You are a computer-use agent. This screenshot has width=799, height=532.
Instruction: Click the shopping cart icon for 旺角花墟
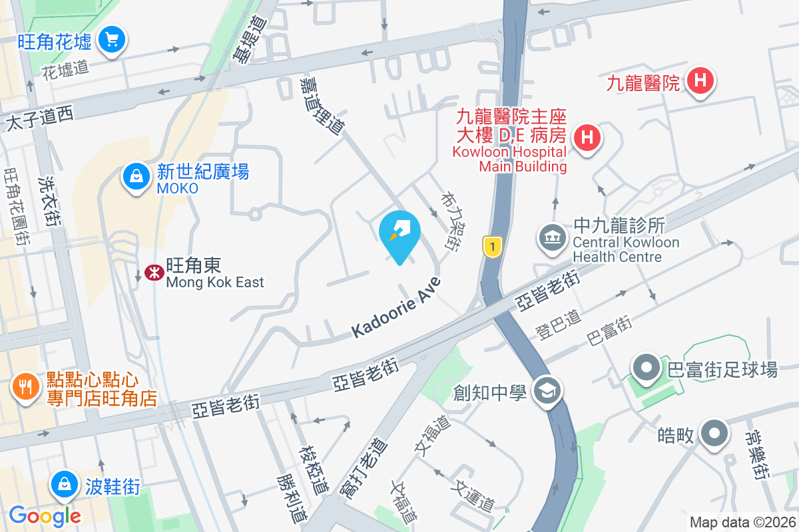(x=111, y=41)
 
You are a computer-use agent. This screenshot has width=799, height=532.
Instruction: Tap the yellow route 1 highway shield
(x=491, y=247)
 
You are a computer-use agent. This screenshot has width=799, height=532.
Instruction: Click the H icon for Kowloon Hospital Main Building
(x=587, y=138)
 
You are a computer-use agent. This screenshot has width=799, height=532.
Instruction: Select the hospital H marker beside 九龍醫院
(x=700, y=82)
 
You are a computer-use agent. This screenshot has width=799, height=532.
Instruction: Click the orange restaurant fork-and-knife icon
(x=26, y=387)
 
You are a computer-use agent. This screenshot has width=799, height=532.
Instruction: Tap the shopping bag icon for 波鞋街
(x=65, y=485)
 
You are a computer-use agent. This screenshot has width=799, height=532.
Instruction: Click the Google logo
(x=45, y=515)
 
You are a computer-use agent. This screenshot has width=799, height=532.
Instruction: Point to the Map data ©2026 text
(x=742, y=523)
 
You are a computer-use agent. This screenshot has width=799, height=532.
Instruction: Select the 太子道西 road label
(x=39, y=118)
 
